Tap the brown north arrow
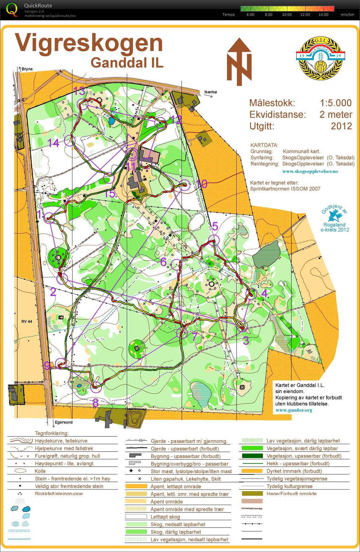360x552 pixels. pyautogui.click(x=239, y=62)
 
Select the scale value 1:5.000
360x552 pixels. pyautogui.click(x=336, y=103)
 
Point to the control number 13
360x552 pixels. pyautogui.click(x=79, y=91)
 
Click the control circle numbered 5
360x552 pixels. pyautogui.click(x=213, y=240)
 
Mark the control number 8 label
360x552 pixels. pyautogui.click(x=96, y=403)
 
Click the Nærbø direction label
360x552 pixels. pyautogui.click(x=211, y=92)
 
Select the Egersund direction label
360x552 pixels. pyautogui.click(x=64, y=422)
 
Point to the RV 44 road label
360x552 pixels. pyautogui.click(x=27, y=321)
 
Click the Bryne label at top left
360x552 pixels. pyautogui.click(x=27, y=69)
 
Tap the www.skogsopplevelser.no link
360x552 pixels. pyautogui.click(x=310, y=171)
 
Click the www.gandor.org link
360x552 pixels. pyautogui.click(x=294, y=410)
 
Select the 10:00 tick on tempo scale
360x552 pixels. pyautogui.click(x=287, y=15)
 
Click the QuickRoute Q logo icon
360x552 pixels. pyautogui.click(x=12, y=9)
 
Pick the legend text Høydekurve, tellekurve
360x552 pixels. pyautogui.click(x=61, y=441)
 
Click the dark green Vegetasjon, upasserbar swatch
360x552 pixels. pyautogui.click(x=252, y=456)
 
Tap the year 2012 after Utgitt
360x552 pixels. pyautogui.click(x=341, y=126)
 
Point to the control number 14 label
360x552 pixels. pyautogui.click(x=53, y=143)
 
